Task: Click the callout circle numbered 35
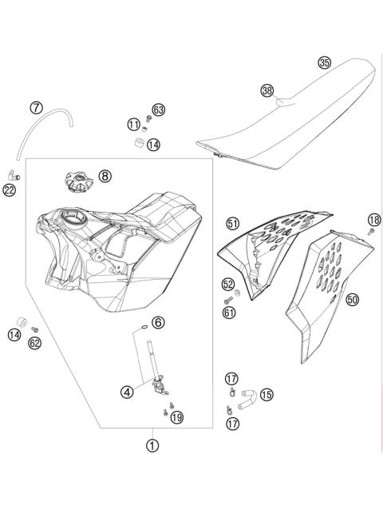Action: point(323,62)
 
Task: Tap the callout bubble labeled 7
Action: point(36,107)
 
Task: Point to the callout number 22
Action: point(10,190)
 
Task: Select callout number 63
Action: point(158,110)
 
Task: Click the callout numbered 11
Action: point(132,124)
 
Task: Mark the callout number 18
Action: point(373,220)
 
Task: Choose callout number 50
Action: point(352,300)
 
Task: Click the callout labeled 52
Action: point(228,284)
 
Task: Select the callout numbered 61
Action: point(229,313)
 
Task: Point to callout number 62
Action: point(34,342)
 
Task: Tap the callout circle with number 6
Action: point(158,322)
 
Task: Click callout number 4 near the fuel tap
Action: point(127,392)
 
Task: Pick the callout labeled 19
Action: point(176,416)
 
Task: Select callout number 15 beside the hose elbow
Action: point(266,394)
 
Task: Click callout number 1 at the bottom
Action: point(151,447)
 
